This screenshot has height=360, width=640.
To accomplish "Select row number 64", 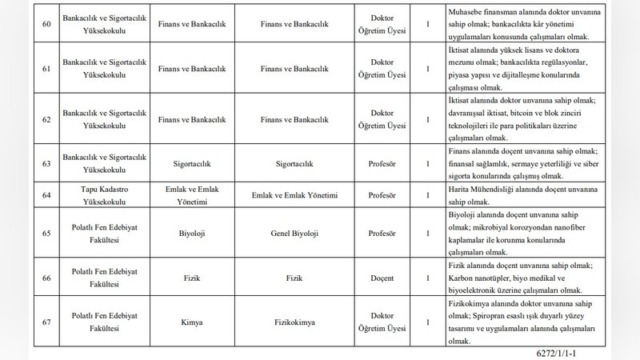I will click(46, 196).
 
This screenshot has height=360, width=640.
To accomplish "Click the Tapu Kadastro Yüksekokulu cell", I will click(95, 196).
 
